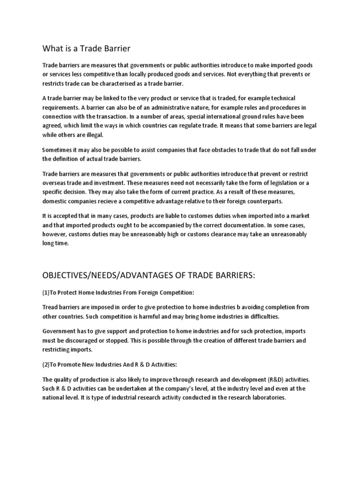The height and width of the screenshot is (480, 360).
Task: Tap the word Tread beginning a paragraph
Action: click(51, 307)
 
